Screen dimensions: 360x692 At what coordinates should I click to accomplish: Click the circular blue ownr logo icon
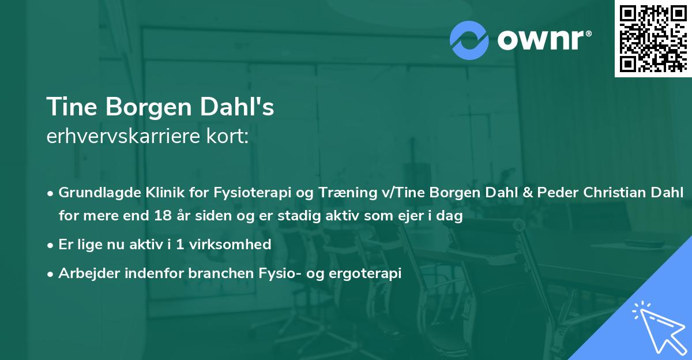pyautogui.click(x=469, y=40)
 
